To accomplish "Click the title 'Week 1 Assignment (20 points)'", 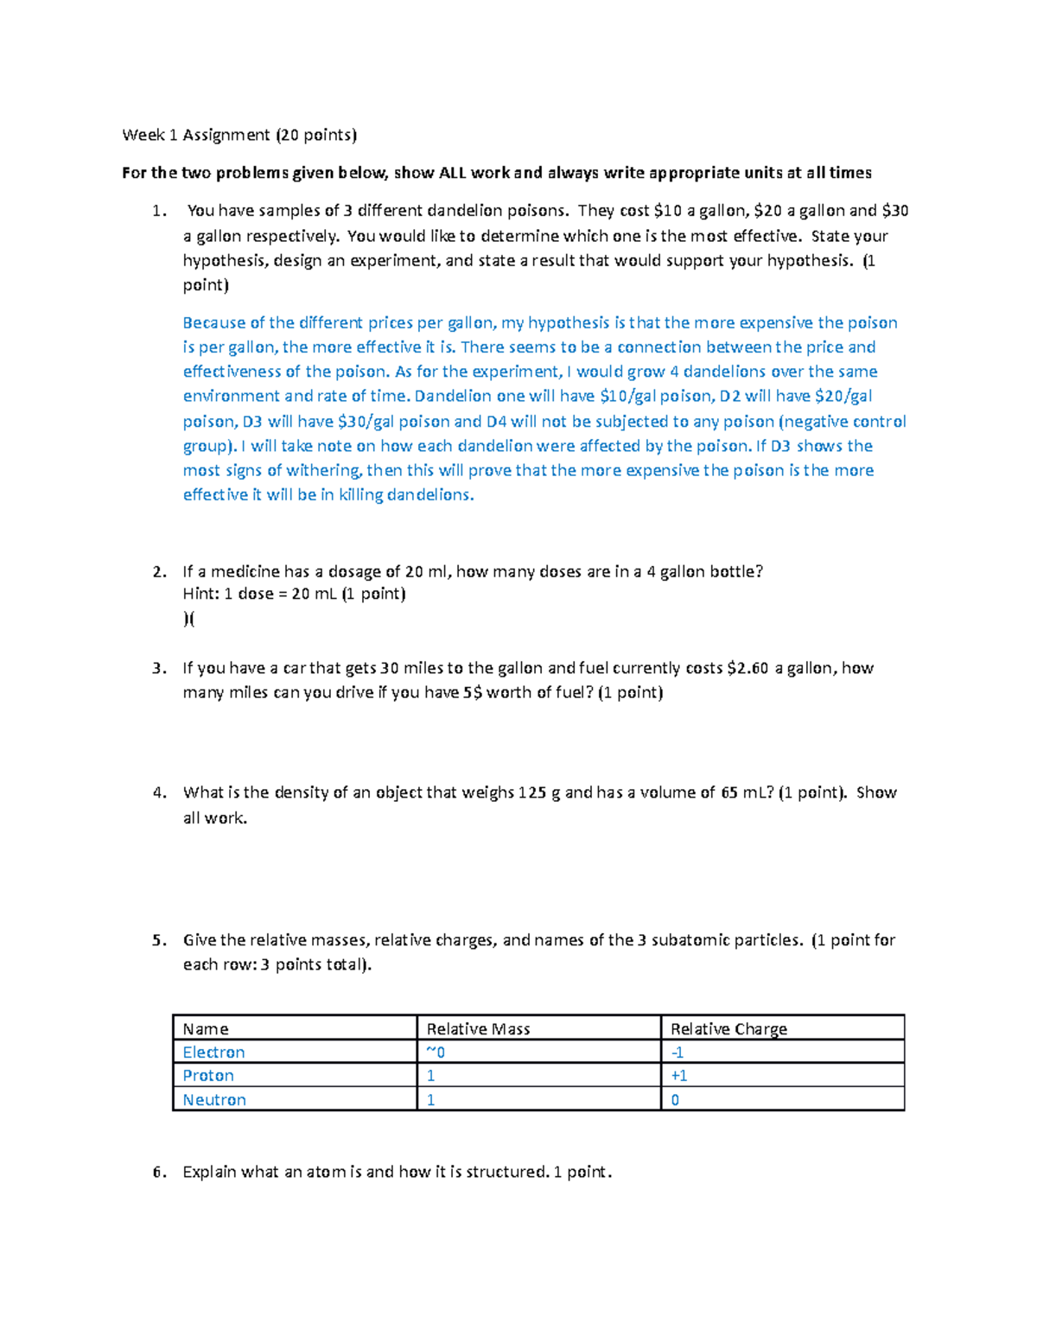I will click(239, 135).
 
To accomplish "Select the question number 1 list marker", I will click(156, 211).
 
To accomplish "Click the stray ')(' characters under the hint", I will click(189, 619).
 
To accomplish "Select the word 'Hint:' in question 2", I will click(200, 595).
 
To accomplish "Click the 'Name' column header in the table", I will click(206, 1029).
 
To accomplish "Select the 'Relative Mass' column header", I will click(478, 1029).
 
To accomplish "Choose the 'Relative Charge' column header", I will click(728, 1029).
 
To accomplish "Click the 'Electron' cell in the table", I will click(213, 1053).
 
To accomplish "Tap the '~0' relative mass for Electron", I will click(436, 1053).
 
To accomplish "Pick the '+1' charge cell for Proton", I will click(679, 1076).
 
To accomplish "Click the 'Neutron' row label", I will click(214, 1100).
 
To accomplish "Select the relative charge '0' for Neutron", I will click(675, 1100).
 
